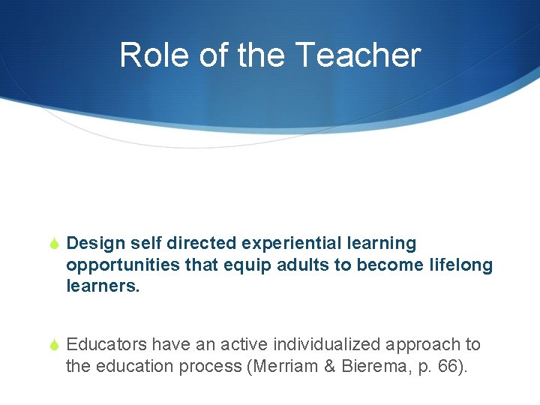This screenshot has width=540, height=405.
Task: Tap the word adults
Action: point(304,265)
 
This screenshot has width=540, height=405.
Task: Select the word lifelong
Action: point(462,265)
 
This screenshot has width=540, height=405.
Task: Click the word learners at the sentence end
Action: point(101,286)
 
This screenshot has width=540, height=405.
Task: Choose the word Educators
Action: point(106,345)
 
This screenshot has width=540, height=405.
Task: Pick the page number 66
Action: point(439,367)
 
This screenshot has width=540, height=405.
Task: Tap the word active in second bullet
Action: point(241,345)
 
